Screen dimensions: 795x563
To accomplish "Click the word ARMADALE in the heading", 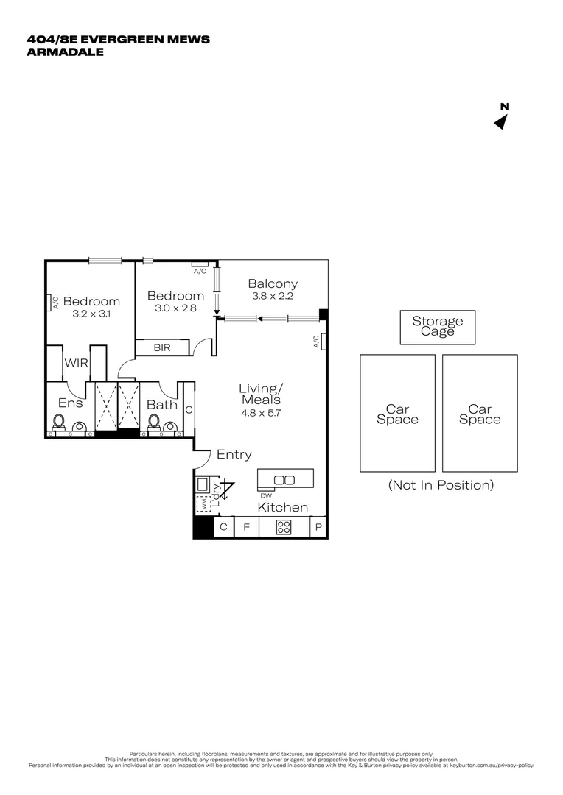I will (66, 52).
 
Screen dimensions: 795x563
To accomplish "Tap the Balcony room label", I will (273, 283).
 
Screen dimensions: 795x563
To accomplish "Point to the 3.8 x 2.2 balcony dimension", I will (273, 296).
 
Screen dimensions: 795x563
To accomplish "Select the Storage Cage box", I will (438, 326).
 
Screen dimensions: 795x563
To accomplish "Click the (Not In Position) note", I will (440, 485).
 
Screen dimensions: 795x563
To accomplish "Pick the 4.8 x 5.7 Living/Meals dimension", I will (261, 413).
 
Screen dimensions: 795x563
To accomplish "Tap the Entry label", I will (234, 455).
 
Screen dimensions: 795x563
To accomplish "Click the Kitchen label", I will (282, 507).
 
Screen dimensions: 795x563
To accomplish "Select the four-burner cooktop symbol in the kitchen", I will (284, 527).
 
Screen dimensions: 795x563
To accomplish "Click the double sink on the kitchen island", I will (284, 480).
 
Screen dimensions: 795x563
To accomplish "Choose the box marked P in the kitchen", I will (319, 527).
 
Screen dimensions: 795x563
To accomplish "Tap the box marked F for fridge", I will (247, 527).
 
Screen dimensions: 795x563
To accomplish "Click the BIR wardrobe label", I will (162, 347).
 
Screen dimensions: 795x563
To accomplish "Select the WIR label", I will (77, 363).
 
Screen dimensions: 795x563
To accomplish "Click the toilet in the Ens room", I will (60, 423).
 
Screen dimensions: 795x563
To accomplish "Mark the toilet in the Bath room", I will (155, 423).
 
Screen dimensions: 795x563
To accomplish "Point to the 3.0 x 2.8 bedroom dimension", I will (175, 308).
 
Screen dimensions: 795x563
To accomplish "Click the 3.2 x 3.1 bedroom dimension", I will (91, 314).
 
